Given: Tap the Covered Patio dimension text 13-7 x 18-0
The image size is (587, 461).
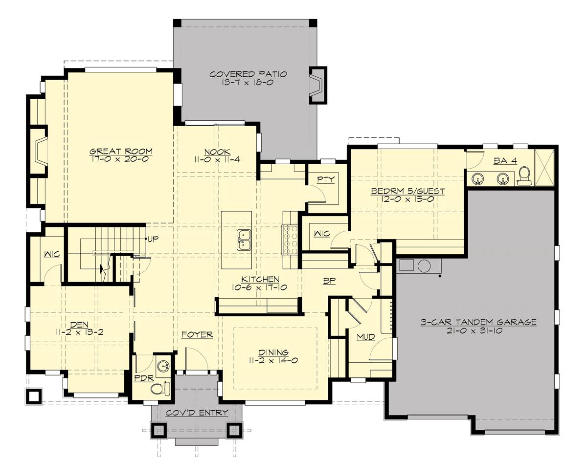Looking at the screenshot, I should point(248,83).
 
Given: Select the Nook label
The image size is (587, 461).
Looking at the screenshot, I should point(217,152).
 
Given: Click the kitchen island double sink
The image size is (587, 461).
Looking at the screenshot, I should point(244,240).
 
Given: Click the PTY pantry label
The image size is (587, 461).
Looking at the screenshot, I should point(326,179).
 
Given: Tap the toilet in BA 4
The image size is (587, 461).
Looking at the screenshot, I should point(524,176).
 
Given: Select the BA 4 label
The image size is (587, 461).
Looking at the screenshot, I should point(505,161).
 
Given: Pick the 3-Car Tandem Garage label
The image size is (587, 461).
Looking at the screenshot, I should point(479,322).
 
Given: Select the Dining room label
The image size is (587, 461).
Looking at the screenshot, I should point(274,352).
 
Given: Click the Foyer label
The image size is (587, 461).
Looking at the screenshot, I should point(197,334).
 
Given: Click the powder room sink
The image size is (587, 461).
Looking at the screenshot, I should point(163,365).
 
